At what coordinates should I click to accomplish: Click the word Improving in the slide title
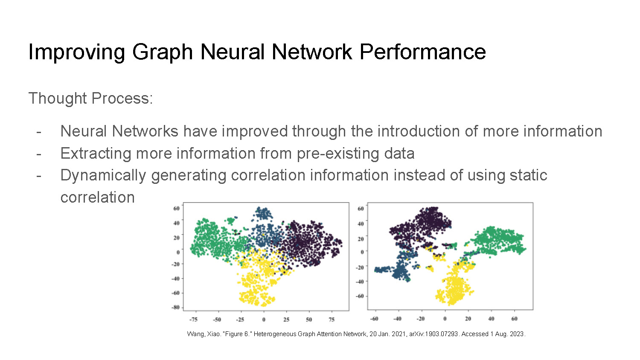(76, 52)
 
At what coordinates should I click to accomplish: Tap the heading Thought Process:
(90, 99)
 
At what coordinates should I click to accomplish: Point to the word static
(528, 175)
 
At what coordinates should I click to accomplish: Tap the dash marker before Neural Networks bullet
(39, 131)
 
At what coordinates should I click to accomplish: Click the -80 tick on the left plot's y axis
(175, 308)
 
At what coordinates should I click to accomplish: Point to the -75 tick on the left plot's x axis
(193, 319)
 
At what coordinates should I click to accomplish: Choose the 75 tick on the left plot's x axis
(332, 319)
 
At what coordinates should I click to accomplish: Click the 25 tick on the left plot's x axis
(286, 319)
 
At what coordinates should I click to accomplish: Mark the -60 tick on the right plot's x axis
(374, 319)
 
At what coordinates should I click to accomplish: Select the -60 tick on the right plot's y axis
(360, 296)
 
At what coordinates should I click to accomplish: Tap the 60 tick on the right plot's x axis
(514, 319)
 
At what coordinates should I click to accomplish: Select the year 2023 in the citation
(517, 334)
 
